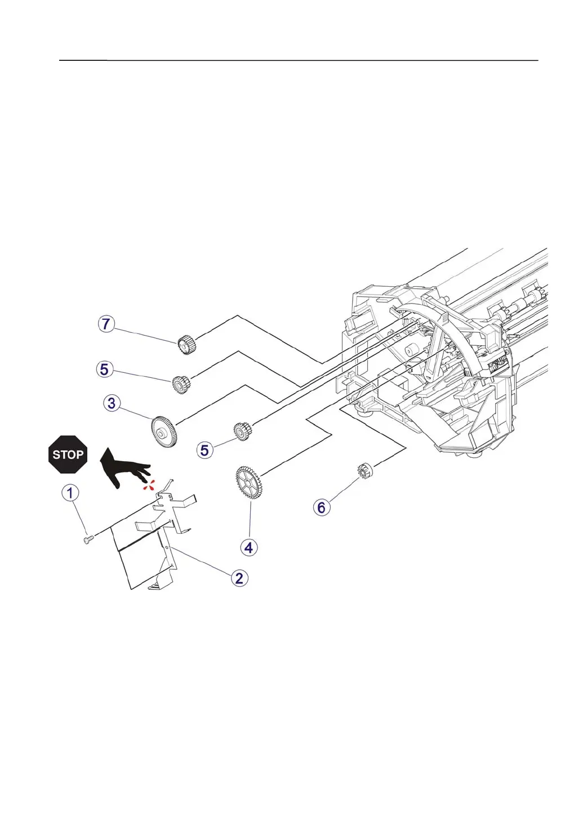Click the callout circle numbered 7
pyautogui.click(x=106, y=324)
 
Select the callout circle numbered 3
pyautogui.click(x=112, y=403)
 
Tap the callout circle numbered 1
pyautogui.click(x=70, y=493)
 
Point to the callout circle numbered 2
pyautogui.click(x=239, y=578)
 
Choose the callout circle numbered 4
pyautogui.click(x=249, y=547)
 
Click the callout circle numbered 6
pyautogui.click(x=321, y=507)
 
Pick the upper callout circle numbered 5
pyautogui.click(x=104, y=369)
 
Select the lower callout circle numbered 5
pyautogui.click(x=204, y=451)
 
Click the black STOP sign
pyautogui.click(x=68, y=454)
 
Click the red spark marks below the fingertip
pyautogui.click(x=148, y=484)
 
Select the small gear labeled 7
pyautogui.click(x=186, y=344)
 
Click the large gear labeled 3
pyautogui.click(x=164, y=432)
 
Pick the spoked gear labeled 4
pyautogui.click(x=248, y=483)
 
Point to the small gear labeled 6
pyautogui.click(x=366, y=470)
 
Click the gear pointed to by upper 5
pyautogui.click(x=181, y=384)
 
